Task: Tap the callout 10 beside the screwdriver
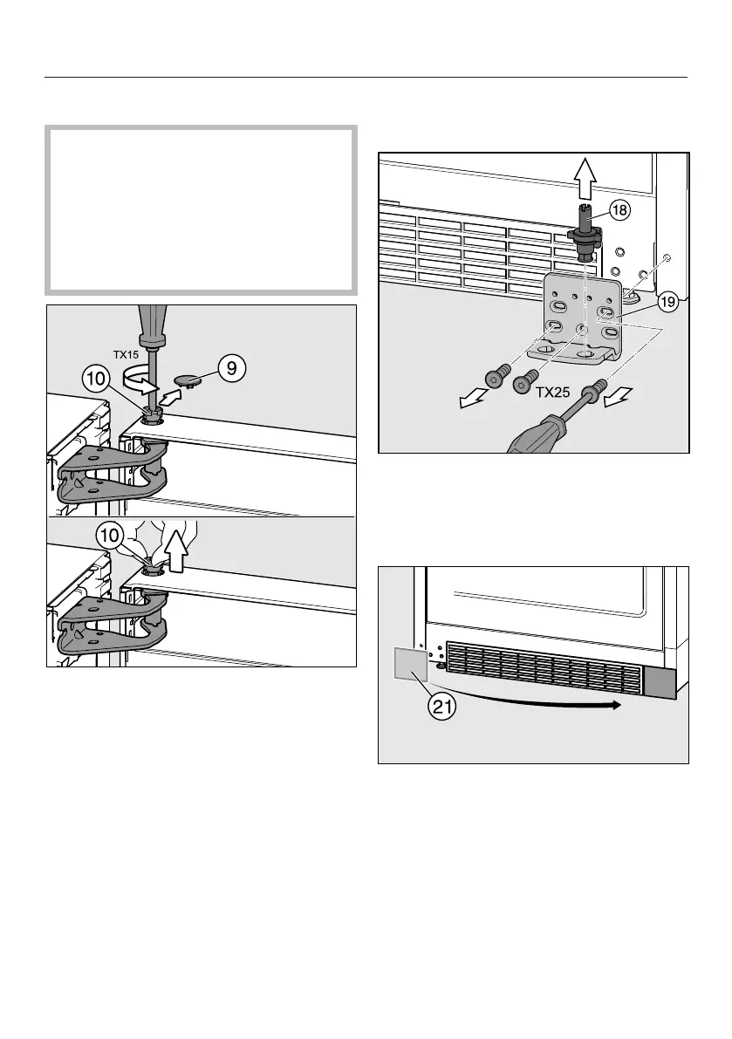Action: coord(97,379)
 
